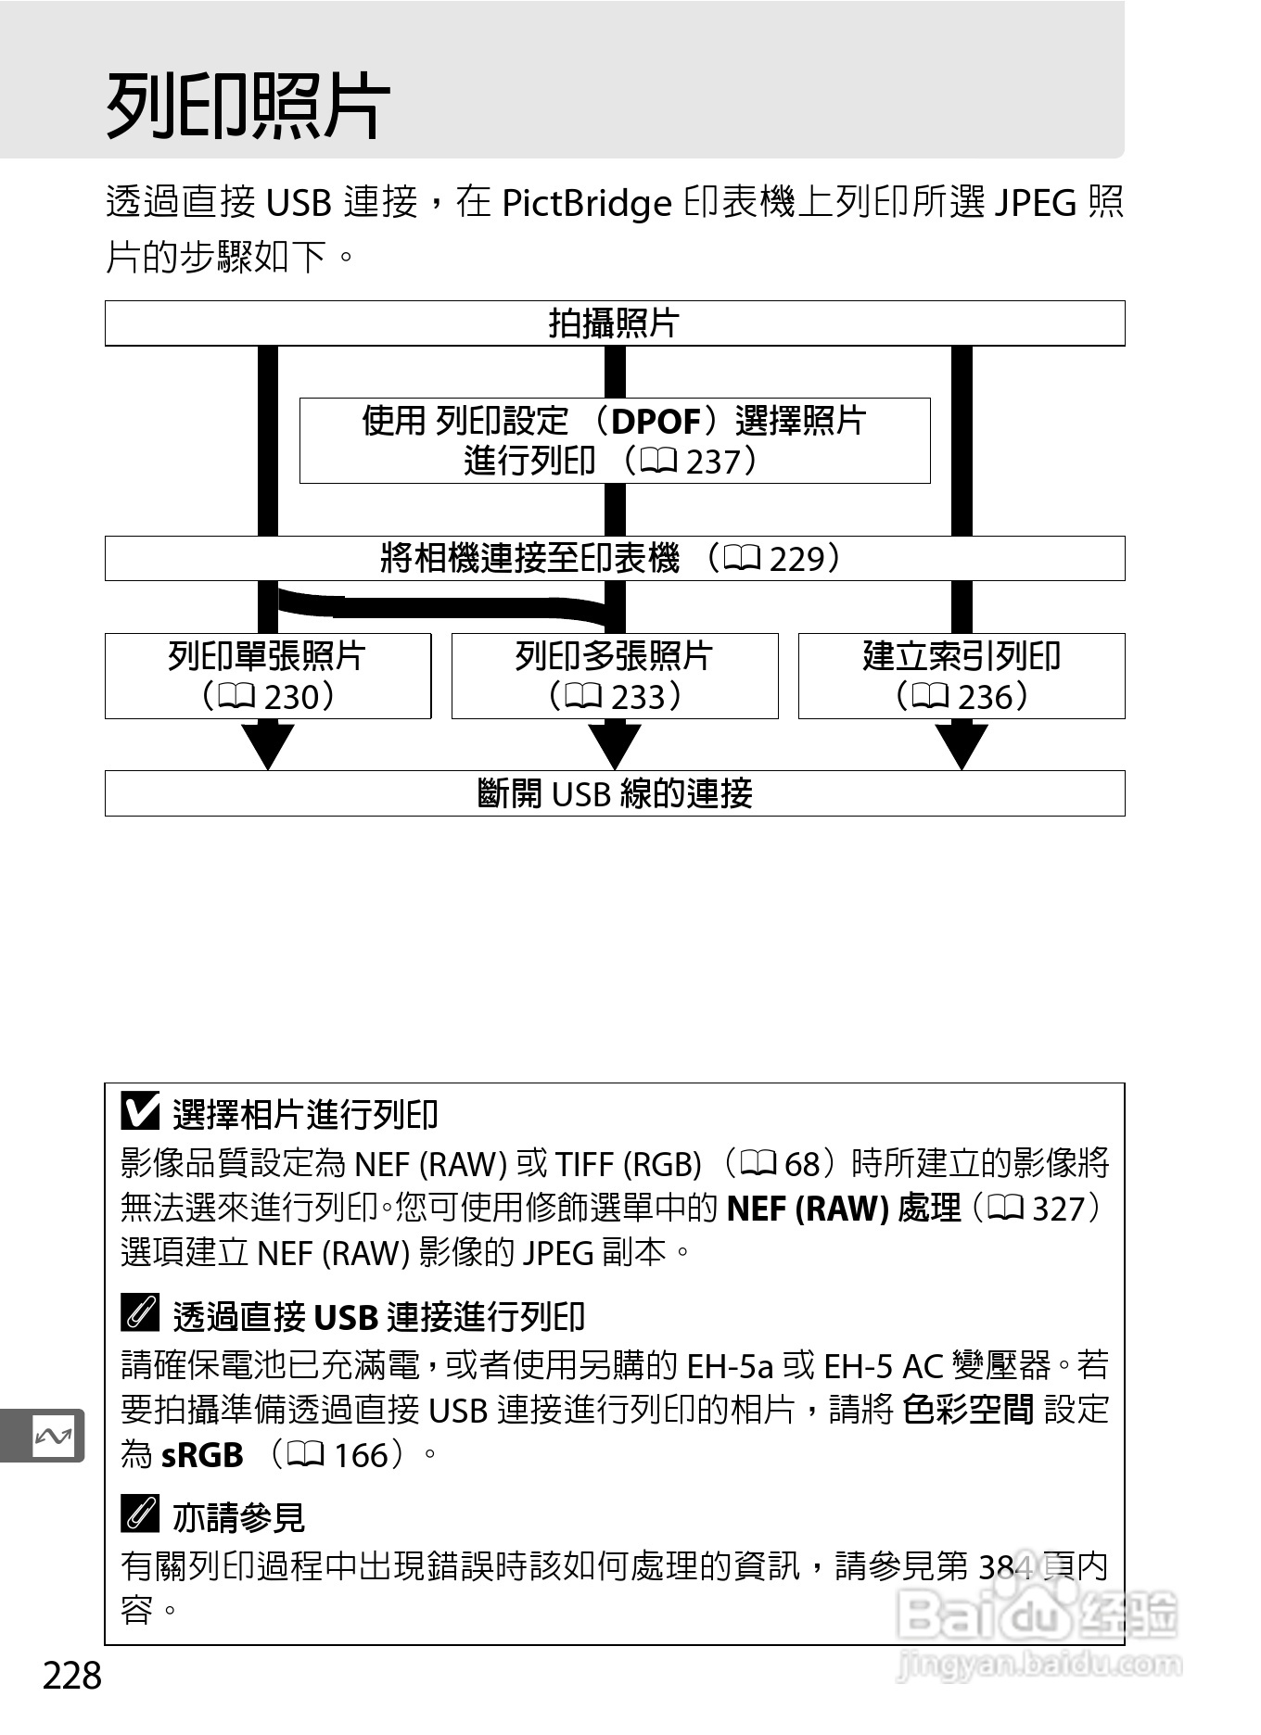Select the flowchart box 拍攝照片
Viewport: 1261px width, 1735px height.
coord(614,323)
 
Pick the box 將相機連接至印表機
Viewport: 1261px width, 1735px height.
coord(614,558)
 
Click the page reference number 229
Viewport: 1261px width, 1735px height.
coord(796,559)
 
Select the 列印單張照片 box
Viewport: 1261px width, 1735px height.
coord(267,676)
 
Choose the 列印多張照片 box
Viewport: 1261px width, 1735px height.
coord(614,676)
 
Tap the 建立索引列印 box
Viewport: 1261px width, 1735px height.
coord(962,676)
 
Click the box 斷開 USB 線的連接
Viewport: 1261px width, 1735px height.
coord(614,793)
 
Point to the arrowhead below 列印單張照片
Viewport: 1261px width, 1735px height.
coord(267,744)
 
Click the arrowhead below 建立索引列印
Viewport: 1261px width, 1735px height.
coord(962,744)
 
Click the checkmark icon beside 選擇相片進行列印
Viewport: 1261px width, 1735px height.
coord(140,1111)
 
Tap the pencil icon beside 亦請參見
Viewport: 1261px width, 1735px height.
coord(140,1515)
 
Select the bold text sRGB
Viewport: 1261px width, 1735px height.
coord(202,1455)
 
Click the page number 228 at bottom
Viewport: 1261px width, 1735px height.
coord(72,1676)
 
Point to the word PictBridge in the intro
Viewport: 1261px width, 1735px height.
coord(586,203)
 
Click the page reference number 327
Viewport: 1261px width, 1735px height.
coord(1058,1209)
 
